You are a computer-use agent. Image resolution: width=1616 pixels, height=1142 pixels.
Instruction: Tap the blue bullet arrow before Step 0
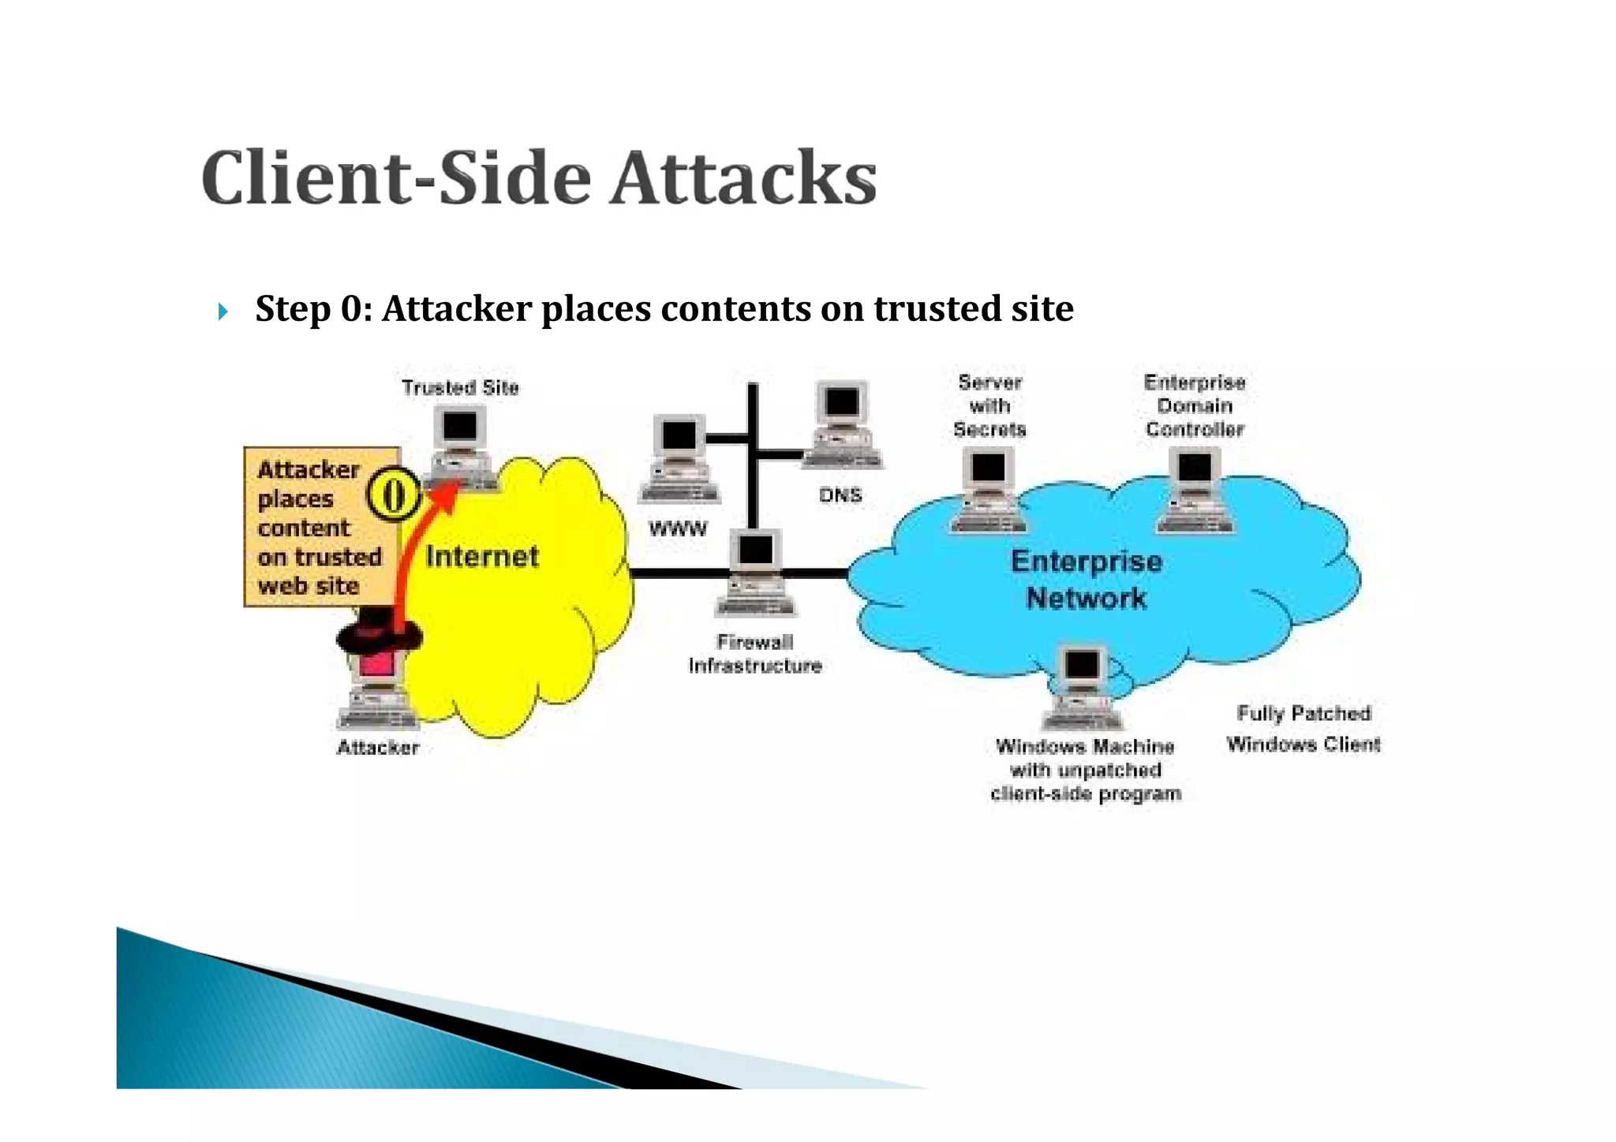[x=223, y=312]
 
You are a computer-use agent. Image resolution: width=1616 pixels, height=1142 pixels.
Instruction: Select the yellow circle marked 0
[x=393, y=494]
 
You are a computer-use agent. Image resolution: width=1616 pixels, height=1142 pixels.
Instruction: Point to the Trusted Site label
[x=460, y=387]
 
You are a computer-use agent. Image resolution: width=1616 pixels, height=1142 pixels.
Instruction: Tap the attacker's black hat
[x=378, y=631]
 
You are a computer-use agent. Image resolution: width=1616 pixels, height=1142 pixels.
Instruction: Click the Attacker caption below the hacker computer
[x=377, y=748]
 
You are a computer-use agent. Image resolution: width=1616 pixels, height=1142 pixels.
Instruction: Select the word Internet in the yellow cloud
[x=482, y=557]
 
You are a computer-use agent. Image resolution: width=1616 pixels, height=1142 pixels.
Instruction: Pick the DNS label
[x=840, y=495]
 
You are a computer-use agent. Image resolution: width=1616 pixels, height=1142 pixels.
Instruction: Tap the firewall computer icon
[x=756, y=573]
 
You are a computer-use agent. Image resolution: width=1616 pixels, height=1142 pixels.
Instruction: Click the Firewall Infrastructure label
[x=755, y=654]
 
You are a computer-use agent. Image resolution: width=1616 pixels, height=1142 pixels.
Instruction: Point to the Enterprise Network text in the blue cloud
[x=1087, y=580]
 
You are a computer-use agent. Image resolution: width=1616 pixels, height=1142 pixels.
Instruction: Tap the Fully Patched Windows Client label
[x=1304, y=729]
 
